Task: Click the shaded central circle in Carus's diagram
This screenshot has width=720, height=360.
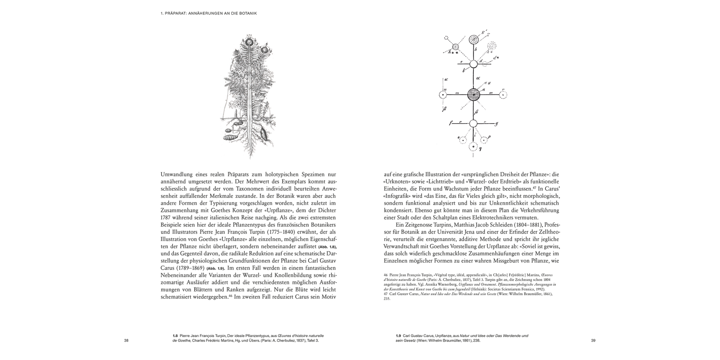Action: pos(473,95)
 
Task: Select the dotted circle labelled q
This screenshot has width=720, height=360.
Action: pos(474,146)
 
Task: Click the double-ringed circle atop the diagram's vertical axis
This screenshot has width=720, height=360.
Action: pos(474,40)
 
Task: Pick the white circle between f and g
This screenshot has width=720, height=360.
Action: pos(473,124)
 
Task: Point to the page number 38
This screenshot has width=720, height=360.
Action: pos(126,341)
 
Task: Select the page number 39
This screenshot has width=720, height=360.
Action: pos(593,341)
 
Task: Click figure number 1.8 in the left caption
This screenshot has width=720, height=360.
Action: pos(175,336)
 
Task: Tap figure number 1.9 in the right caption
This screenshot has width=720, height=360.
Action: pos(398,336)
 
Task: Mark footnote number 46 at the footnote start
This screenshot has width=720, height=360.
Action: pos(386,275)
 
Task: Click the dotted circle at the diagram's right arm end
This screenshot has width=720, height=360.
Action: pos(503,95)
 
